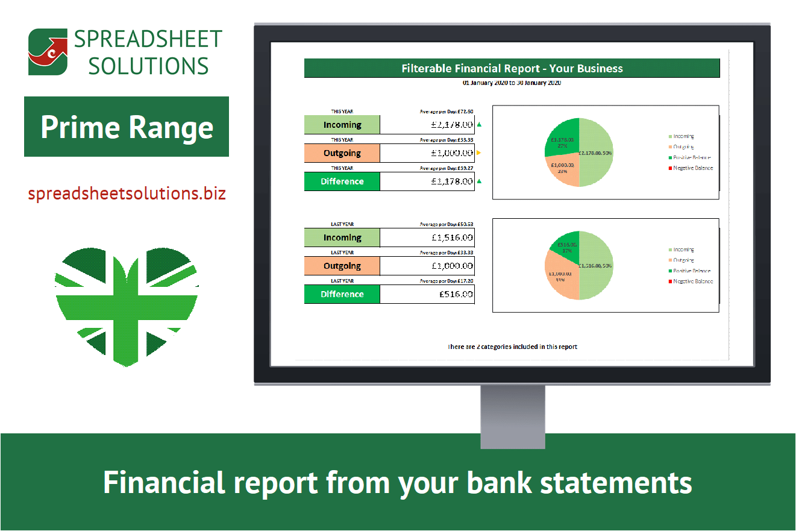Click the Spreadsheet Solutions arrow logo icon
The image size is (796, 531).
[48, 52]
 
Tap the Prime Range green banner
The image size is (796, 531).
[127, 127]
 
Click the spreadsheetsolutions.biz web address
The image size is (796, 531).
[127, 193]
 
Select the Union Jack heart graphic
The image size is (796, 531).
[127, 301]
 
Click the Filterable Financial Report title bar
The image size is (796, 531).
[512, 68]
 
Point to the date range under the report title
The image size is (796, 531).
[512, 83]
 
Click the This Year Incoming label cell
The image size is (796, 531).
[342, 125]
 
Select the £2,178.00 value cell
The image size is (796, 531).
[427, 125]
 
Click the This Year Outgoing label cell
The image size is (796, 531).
[342, 153]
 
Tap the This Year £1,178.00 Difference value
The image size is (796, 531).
[427, 181]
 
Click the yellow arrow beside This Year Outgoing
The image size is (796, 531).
[479, 153]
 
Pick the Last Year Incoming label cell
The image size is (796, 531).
[342, 237]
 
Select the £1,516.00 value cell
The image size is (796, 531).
[427, 237]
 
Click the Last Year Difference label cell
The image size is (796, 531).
[342, 294]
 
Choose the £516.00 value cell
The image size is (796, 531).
[427, 294]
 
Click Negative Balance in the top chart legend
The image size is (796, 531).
[692, 168]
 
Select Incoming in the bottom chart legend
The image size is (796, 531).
[683, 250]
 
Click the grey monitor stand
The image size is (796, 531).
[513, 416]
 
